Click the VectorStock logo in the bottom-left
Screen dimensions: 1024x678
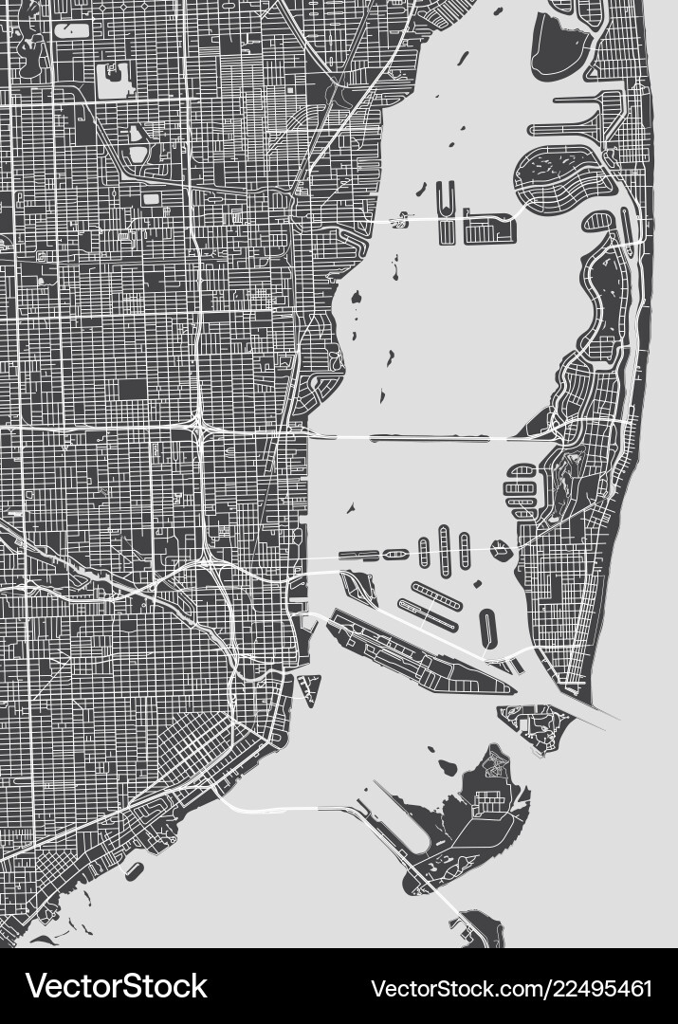click(117, 986)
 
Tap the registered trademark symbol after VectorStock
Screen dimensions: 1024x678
click(213, 976)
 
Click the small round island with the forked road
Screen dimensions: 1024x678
click(501, 548)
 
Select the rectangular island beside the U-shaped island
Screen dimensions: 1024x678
click(486, 229)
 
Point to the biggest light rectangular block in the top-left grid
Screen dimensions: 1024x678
click(114, 81)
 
